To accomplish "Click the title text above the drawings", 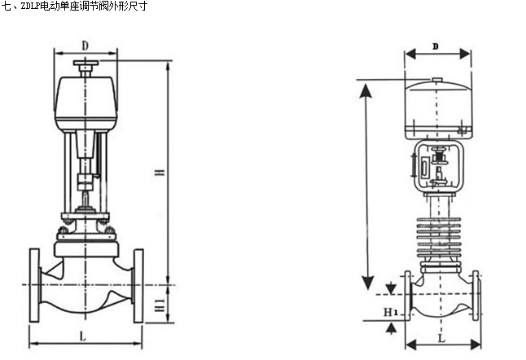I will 73,6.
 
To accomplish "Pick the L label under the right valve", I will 441,336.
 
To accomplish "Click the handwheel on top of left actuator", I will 85,64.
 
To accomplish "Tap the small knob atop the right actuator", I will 437,80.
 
